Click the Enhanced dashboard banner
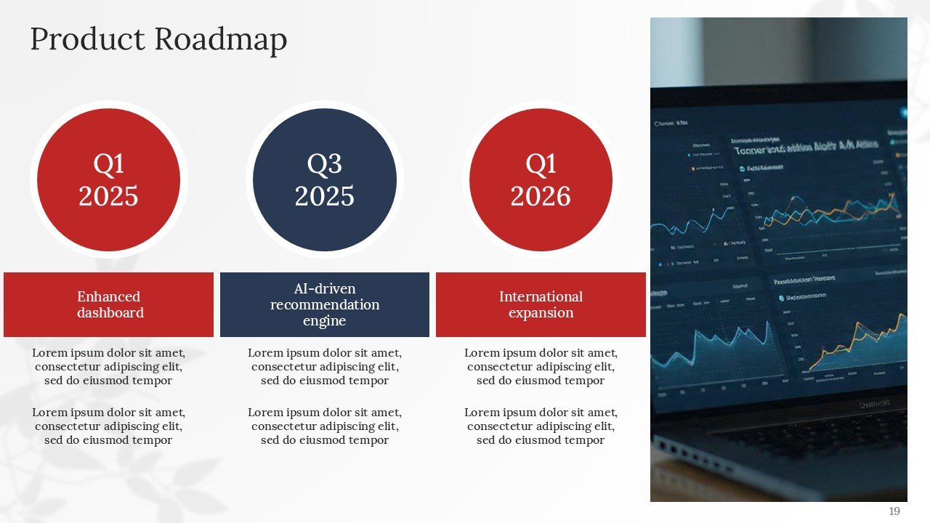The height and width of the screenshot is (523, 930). pyautogui.click(x=109, y=305)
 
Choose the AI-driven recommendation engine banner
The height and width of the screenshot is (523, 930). pyautogui.click(x=325, y=305)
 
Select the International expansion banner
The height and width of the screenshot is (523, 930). pyautogui.click(x=541, y=305)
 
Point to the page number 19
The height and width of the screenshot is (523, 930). pyautogui.click(x=894, y=511)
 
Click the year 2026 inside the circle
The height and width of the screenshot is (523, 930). pyautogui.click(x=541, y=196)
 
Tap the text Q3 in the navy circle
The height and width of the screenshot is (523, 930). pyautogui.click(x=325, y=164)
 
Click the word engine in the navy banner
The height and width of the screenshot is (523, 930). pyautogui.click(x=325, y=321)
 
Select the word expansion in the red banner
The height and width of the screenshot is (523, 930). pyautogui.click(x=541, y=313)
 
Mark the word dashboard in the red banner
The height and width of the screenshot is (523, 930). pyautogui.click(x=110, y=313)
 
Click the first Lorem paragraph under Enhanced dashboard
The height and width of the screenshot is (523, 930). pyautogui.click(x=108, y=367)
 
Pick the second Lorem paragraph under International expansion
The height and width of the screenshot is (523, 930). pyautogui.click(x=541, y=426)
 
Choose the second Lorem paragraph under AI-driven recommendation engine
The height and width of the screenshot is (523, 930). pyautogui.click(x=325, y=426)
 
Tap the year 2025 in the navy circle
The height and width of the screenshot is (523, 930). pyautogui.click(x=325, y=196)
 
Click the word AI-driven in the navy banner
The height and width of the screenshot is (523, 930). pyautogui.click(x=325, y=289)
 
